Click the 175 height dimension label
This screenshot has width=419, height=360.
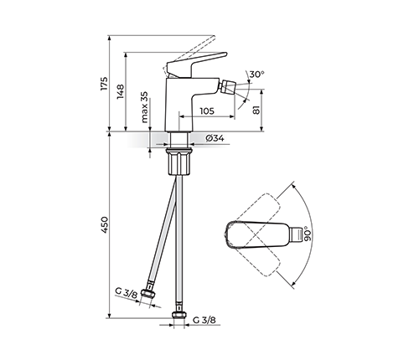coord(104,83)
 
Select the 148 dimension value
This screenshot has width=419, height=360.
coord(121,91)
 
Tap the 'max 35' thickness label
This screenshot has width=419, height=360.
coord(144,107)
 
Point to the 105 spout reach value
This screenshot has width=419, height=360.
coord(207,111)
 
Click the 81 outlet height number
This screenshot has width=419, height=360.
coord(256,110)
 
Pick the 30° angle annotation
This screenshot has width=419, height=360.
coord(256,75)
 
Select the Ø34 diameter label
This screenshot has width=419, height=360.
coord(215,138)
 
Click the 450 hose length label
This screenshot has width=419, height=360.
coord(104,224)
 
